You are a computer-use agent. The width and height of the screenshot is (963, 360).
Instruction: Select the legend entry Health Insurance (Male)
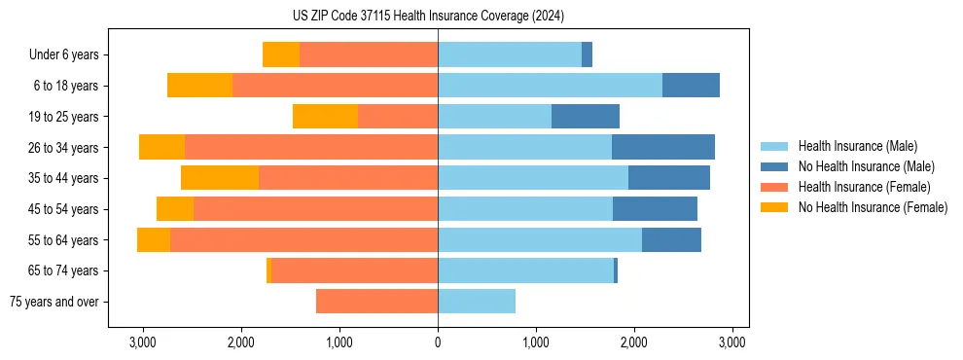point(858,146)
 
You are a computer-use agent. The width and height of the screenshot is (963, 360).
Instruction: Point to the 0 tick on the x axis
point(438,342)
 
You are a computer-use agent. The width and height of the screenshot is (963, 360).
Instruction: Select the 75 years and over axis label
point(54,302)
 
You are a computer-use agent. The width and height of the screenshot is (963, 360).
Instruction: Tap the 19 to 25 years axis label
point(63,117)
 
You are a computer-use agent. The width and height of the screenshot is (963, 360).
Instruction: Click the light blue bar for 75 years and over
point(477,302)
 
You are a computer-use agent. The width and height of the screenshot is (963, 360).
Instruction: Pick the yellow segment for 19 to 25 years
point(325,117)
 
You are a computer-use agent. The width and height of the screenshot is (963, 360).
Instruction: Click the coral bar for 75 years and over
point(376,302)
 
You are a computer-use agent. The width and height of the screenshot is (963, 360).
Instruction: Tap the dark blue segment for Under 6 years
point(587,55)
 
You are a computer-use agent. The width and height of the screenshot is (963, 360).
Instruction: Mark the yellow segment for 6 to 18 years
point(199,86)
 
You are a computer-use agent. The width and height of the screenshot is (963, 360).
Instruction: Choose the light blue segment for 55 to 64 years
point(540,239)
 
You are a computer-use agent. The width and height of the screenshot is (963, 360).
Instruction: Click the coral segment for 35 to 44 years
point(348,178)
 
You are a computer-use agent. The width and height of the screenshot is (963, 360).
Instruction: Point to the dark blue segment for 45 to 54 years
point(655,208)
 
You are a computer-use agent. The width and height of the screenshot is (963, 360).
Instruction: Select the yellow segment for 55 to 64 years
point(154,239)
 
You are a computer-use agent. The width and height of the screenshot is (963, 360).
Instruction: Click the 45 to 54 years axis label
point(63,209)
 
